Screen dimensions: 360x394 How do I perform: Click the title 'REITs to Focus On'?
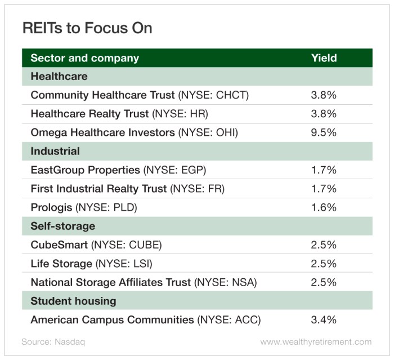[x=87, y=28]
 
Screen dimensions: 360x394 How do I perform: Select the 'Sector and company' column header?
[x=84, y=58]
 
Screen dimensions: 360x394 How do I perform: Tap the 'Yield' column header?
[x=324, y=58]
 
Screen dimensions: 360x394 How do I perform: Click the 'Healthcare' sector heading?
[x=59, y=76]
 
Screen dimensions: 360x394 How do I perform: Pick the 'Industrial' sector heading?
[x=55, y=151]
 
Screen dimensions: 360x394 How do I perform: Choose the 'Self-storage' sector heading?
[x=62, y=226]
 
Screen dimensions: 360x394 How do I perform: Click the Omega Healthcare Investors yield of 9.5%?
[x=324, y=132]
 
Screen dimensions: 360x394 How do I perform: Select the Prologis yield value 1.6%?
[x=324, y=207]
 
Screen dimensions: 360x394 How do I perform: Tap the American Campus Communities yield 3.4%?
[x=324, y=320]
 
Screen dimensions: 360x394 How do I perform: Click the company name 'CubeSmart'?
[x=59, y=245]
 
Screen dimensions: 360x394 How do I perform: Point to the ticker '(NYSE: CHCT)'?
[x=213, y=95]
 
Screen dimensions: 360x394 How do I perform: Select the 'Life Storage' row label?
[x=62, y=264]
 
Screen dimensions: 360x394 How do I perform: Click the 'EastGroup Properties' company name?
[x=85, y=170]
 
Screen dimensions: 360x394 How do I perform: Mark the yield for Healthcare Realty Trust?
[x=324, y=114]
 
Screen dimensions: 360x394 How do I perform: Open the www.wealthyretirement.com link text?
[x=316, y=342]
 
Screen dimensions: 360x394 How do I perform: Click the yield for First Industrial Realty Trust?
[x=324, y=189]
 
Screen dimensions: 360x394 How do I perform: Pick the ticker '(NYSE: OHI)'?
[x=208, y=132]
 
